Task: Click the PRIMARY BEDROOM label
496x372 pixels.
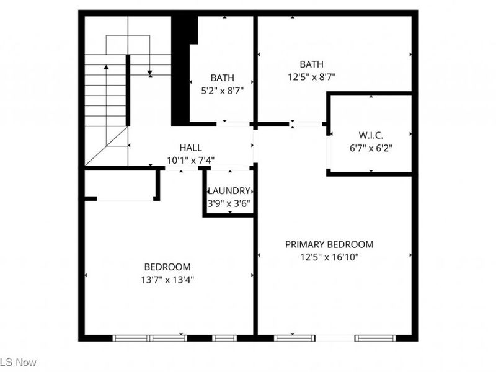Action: (x=329, y=244)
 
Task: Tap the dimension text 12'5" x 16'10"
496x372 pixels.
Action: (x=329, y=256)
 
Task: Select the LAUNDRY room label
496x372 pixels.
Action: (x=229, y=191)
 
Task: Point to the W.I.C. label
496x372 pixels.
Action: (x=371, y=136)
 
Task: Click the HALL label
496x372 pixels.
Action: (x=190, y=148)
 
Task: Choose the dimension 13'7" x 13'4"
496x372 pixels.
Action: (x=167, y=279)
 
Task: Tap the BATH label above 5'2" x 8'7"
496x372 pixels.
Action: (x=222, y=77)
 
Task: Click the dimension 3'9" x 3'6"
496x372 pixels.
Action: (x=229, y=203)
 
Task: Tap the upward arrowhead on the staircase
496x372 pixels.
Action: (x=106, y=67)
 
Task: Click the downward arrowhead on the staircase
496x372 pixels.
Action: (x=150, y=74)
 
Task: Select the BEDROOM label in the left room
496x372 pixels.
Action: (x=167, y=267)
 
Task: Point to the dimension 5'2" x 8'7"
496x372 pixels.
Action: (x=222, y=90)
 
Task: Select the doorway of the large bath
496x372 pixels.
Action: (x=306, y=124)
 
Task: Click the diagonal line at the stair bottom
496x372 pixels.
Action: (x=107, y=146)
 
